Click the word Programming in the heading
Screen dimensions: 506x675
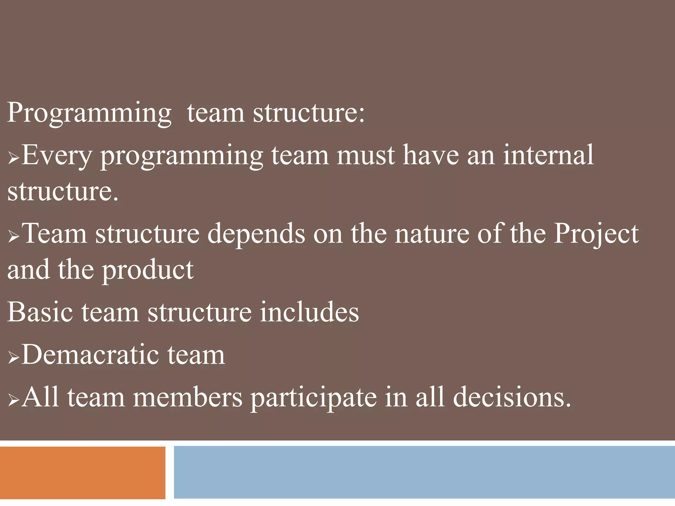tap(89, 113)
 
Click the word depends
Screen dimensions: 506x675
tap(256, 234)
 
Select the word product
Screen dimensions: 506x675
tap(148, 270)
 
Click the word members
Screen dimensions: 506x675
tap(188, 397)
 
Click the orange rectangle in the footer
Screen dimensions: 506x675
tap(82, 472)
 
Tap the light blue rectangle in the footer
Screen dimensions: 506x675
tap(424, 472)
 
